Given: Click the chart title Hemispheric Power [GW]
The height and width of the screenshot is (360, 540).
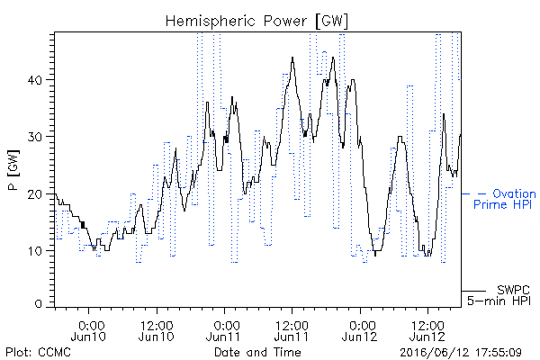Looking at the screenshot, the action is pos(256,21).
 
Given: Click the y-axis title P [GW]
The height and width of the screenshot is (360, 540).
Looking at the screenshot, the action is pos(13,170).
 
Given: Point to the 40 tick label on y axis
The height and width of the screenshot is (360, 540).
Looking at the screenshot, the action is pos(34,80).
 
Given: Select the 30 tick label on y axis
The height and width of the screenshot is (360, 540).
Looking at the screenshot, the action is pos(34,137).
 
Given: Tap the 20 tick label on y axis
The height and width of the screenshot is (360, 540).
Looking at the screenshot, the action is pos(34,193).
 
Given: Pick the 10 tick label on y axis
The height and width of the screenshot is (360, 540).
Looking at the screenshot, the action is pos(34,250).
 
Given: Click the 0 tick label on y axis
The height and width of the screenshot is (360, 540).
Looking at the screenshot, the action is pos(38,303).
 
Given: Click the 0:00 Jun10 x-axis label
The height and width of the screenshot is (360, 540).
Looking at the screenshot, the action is pos(88,330).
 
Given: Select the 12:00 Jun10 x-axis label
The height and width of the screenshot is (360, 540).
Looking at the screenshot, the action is pos(157,330).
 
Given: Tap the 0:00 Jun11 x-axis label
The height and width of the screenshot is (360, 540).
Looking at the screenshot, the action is pos(224,330).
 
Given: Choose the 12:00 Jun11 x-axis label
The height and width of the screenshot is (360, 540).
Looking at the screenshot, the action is pos(292,330).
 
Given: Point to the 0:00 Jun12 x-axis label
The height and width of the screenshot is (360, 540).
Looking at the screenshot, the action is pos(359,330).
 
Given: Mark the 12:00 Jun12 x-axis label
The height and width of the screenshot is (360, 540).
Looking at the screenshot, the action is pos(427,330).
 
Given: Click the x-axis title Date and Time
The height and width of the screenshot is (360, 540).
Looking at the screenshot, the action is pos(257,352).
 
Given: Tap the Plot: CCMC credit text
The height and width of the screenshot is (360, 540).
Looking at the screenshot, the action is pos(38,352).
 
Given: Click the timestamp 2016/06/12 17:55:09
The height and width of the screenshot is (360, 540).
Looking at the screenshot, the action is pos(461,353).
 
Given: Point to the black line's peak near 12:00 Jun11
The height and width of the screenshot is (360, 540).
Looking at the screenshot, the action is pos(292,58).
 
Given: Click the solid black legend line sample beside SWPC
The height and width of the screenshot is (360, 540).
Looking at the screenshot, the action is pos(474,291).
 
